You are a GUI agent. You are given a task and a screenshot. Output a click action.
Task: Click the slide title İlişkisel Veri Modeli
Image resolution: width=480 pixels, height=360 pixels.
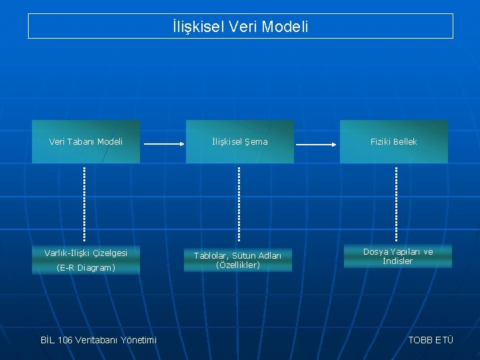click(x=240, y=27)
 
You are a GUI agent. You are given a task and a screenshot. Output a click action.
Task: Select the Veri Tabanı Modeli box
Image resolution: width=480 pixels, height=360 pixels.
click(x=86, y=141)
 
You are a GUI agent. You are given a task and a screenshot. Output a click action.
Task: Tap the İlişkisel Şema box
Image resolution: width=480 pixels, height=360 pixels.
click(x=239, y=141)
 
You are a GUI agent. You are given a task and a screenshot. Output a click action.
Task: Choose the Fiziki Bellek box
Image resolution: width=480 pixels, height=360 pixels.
click(x=394, y=141)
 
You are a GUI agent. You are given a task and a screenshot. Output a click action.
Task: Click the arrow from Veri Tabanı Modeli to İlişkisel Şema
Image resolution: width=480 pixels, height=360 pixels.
click(x=163, y=144)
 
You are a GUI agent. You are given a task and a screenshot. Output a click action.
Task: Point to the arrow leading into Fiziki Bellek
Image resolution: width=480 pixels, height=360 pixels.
click(x=317, y=144)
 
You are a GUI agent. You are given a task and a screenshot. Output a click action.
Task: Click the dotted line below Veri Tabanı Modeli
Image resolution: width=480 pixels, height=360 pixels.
click(x=85, y=203)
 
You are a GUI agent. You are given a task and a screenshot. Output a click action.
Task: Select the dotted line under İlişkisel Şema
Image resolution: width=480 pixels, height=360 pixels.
click(x=239, y=203)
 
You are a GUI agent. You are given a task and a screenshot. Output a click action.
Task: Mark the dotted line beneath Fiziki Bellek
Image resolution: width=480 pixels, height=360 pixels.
click(x=396, y=203)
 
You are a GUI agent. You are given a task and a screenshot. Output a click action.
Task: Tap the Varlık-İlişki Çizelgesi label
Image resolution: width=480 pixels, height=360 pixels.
click(x=86, y=253)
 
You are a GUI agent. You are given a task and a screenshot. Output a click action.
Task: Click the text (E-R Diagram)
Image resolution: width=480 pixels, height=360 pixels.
click(x=86, y=268)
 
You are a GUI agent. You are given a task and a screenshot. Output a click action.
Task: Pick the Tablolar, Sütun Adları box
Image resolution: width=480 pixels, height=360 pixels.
click(x=238, y=260)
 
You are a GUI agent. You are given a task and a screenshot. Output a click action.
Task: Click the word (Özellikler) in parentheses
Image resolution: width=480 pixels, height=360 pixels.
click(x=238, y=265)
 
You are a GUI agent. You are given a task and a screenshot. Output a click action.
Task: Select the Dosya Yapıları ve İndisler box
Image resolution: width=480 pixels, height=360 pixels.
click(x=398, y=256)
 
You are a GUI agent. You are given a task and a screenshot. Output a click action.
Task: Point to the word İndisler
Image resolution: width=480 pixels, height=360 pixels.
click(x=398, y=261)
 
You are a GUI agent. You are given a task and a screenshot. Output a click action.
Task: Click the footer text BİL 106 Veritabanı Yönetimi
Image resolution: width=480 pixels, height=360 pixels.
click(x=99, y=340)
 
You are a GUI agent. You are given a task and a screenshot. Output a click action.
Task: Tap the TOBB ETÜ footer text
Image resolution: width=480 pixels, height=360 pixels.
click(x=431, y=340)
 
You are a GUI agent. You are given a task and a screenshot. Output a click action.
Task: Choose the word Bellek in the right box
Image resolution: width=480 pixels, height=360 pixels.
click(x=405, y=141)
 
